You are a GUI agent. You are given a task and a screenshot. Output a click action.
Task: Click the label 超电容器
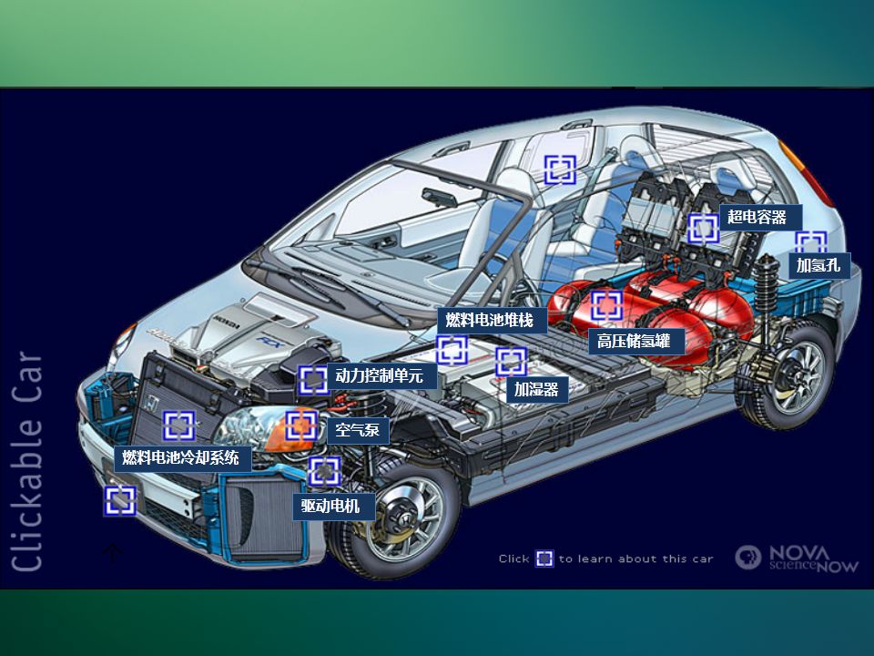(x=757, y=217)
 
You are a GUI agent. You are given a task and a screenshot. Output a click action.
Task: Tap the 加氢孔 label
(x=819, y=265)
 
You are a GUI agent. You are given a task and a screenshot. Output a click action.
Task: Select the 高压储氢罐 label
(x=634, y=342)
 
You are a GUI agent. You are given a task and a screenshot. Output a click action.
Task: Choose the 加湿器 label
(x=535, y=390)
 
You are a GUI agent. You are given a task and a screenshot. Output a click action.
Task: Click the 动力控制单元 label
(x=379, y=375)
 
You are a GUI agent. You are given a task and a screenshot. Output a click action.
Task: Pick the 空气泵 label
(x=357, y=430)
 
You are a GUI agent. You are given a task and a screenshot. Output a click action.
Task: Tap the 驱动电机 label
(x=330, y=506)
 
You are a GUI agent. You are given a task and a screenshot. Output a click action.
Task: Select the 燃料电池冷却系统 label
(x=180, y=457)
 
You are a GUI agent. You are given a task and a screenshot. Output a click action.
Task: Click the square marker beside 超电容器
(x=704, y=228)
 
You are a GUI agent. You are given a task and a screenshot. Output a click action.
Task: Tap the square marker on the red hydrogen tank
(x=606, y=306)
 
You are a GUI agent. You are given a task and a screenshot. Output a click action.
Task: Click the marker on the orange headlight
(x=300, y=425)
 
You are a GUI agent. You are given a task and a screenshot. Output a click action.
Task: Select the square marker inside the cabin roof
(x=561, y=169)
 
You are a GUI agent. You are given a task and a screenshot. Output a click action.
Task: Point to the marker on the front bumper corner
(x=119, y=500)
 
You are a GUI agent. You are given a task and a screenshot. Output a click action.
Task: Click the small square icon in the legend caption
(x=544, y=559)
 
